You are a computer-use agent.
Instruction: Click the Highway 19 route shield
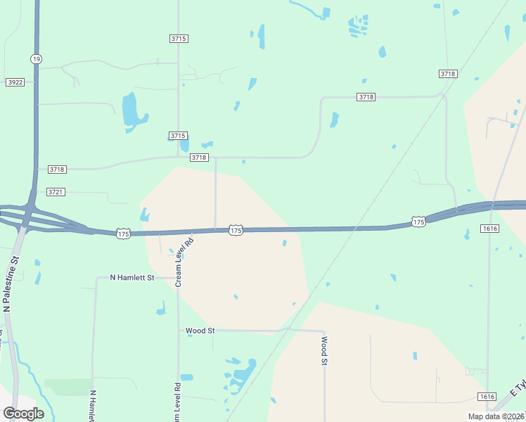(35, 58)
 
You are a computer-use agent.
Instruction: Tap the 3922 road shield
(15, 82)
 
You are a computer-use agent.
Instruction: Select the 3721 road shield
(56, 192)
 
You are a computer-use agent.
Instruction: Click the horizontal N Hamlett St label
(131, 278)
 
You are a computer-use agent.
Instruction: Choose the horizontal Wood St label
(200, 330)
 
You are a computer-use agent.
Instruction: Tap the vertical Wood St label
(324, 351)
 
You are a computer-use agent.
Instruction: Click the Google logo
(23, 413)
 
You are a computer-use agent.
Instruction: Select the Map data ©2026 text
(496, 416)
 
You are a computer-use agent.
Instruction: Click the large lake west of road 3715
(131, 110)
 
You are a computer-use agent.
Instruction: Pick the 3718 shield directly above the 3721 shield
(57, 170)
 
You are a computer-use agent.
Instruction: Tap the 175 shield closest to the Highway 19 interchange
(123, 234)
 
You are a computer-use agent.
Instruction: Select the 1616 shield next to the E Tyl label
(486, 397)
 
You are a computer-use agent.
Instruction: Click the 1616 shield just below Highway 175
(490, 229)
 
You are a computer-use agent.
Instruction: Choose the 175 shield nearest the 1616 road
(418, 222)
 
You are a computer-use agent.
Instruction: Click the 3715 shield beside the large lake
(178, 135)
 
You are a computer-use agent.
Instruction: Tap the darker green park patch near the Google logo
(68, 387)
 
